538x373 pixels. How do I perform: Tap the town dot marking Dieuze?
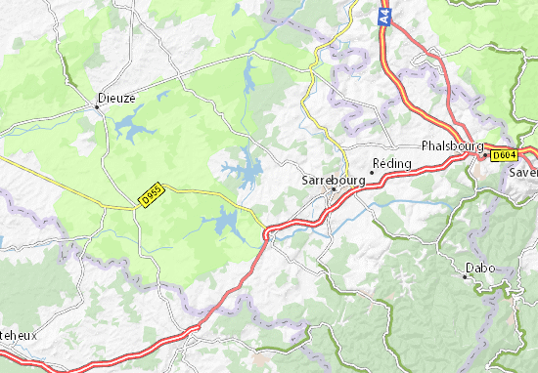(100, 107)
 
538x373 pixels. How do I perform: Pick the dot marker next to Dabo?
(464, 276)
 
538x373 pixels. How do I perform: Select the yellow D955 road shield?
(150, 197)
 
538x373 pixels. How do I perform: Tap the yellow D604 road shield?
(503, 154)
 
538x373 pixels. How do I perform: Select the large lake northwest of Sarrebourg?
(246, 172)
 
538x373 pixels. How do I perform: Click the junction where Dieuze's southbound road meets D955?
(135, 206)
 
